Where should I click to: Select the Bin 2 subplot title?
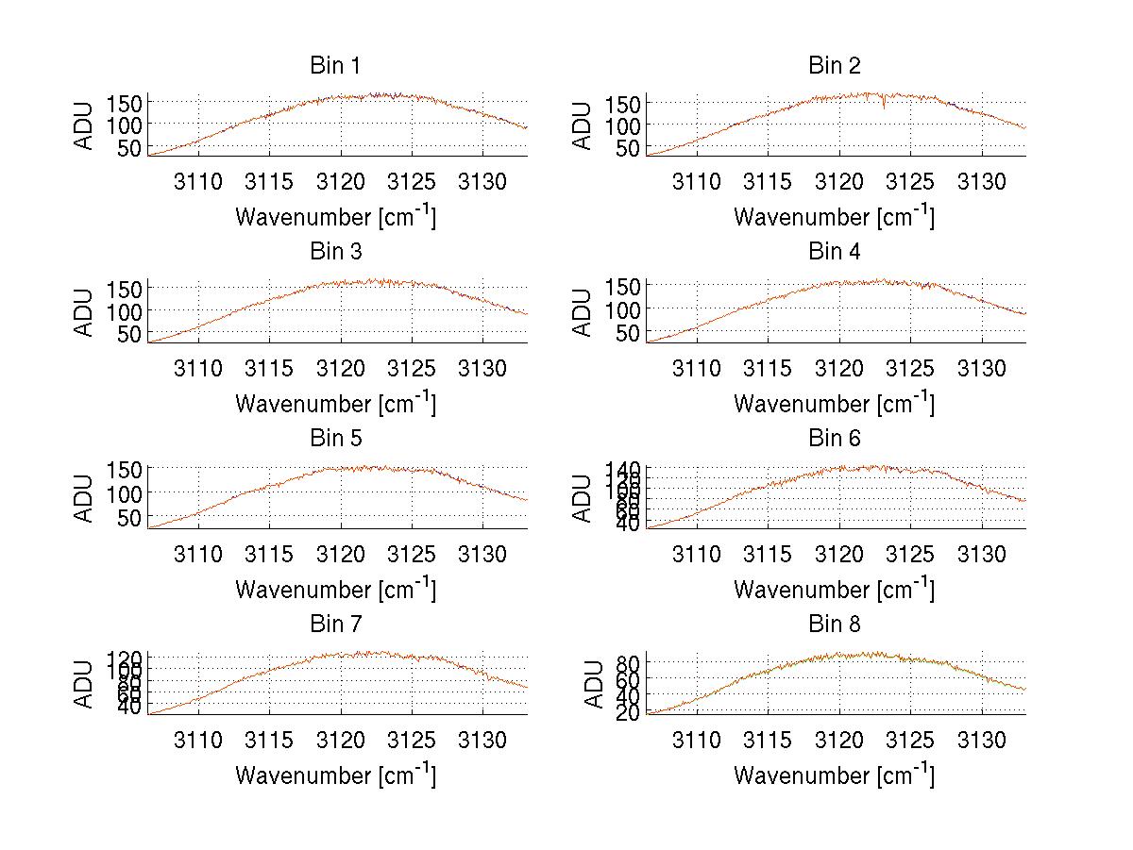[x=835, y=66]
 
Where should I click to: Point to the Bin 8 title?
[x=835, y=625]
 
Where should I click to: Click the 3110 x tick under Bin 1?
[x=198, y=182]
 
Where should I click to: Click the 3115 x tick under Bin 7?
[x=269, y=741]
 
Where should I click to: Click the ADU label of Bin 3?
[x=85, y=312]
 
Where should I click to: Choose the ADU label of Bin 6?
[x=583, y=498]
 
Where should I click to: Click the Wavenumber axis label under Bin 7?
[x=335, y=775]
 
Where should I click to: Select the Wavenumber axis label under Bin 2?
[x=834, y=216]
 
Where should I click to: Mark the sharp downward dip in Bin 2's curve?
[x=884, y=108]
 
